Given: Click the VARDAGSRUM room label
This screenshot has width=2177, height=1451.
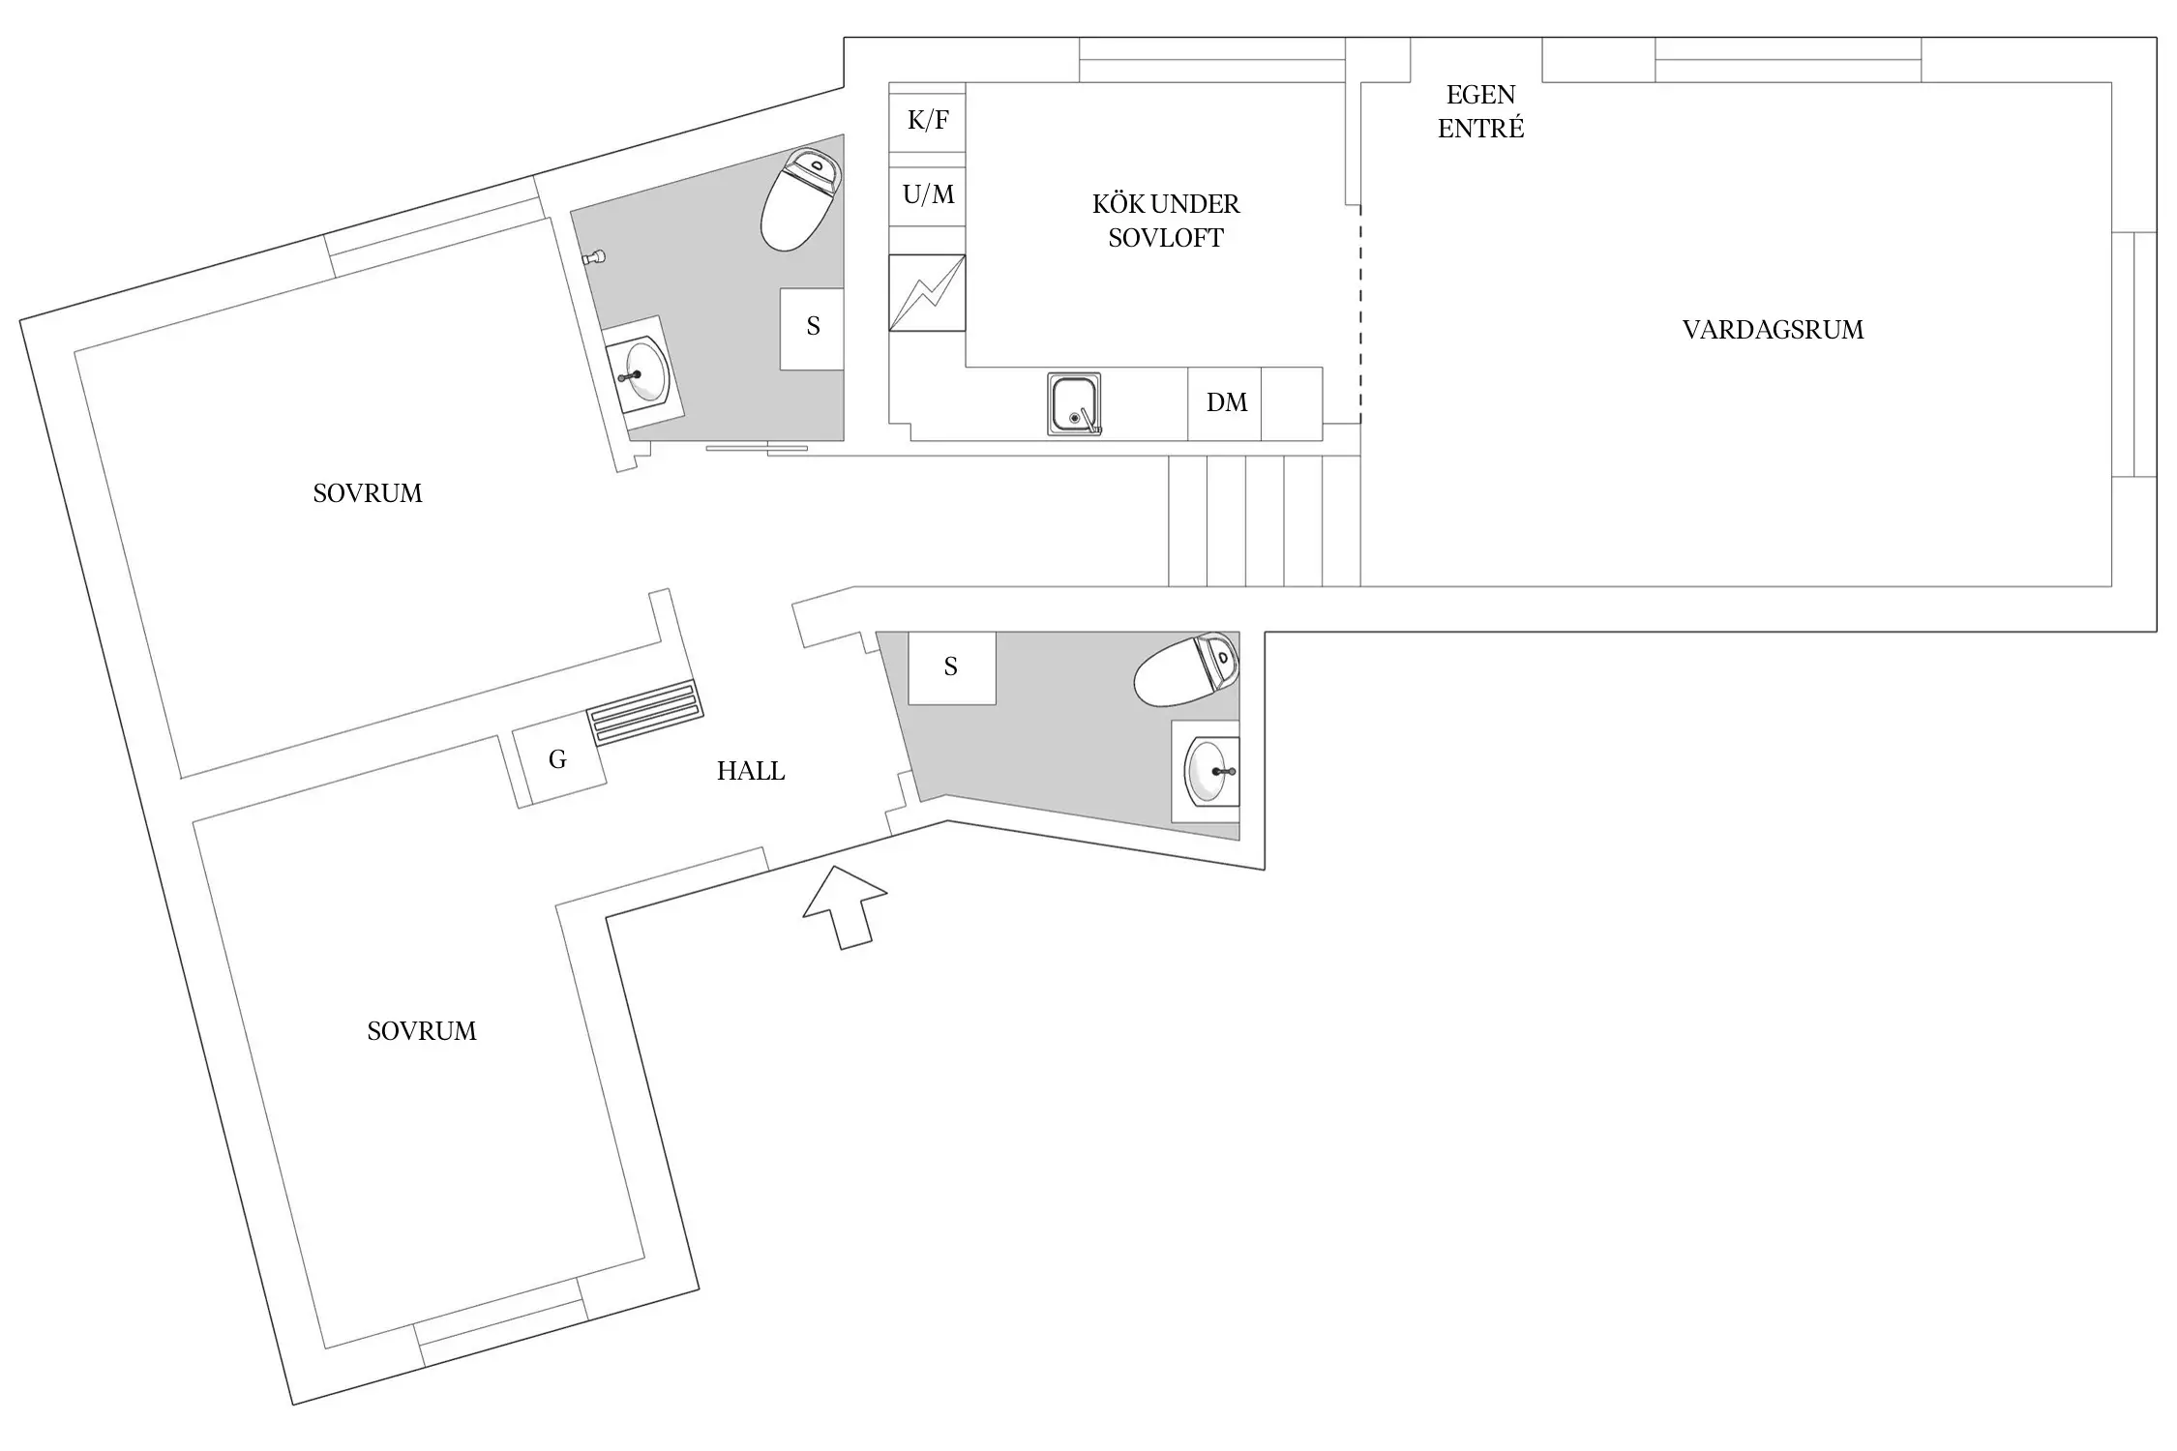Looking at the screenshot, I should coord(1772,330).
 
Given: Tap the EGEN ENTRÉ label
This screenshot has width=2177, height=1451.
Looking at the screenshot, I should coord(1480,111).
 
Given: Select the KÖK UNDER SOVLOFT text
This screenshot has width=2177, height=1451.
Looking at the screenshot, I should coord(1165,221).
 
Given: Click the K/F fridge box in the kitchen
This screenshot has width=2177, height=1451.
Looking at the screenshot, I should coord(927,121).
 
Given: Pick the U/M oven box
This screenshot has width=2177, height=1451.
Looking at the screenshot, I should coord(927,195).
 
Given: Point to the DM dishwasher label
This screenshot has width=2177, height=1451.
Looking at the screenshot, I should coord(1226,402).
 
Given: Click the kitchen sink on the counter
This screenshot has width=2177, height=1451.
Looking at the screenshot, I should coord(1074,404).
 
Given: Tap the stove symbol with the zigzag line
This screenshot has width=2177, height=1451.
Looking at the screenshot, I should coord(927,292).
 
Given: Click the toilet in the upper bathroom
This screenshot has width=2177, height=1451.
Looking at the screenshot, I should coord(800,199).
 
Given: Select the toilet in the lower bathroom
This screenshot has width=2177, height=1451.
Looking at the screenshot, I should coord(1186,669).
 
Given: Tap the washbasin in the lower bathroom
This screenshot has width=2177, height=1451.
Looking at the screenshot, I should coord(1209,771).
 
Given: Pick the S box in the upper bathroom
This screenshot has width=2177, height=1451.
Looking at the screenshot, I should coord(812,328).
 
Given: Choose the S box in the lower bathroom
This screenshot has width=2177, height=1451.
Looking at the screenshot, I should coord(951,667).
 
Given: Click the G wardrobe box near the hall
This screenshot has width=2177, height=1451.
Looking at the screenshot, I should coord(557,760).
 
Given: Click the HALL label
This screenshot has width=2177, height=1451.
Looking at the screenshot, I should coord(751,771).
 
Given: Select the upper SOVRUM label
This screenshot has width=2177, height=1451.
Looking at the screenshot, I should coord(368,493).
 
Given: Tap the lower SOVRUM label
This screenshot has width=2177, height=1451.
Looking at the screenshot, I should coord(422,1031).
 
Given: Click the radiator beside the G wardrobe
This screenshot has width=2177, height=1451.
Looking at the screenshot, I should coord(644,713).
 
